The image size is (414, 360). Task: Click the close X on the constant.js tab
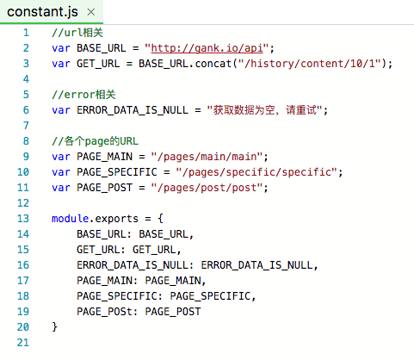coord(91,12)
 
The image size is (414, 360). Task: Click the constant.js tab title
coord(42,12)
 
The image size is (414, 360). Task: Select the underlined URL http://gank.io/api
coord(207,48)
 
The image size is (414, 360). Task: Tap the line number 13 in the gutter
coord(23,219)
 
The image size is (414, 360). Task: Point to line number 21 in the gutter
coord(23,343)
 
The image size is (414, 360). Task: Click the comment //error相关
coord(83,95)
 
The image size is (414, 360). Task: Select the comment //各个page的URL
coord(95,141)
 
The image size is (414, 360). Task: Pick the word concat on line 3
coord(213,64)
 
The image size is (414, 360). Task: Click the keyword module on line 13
coord(70,219)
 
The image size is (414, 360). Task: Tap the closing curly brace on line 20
coord(54,327)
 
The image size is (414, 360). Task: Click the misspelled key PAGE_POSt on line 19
coord(104,312)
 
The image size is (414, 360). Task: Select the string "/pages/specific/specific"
coord(256,172)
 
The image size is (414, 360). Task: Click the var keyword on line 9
coord(61,157)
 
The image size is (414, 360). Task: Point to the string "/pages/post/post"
coord(207,188)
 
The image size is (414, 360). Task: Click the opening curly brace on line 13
coord(160,219)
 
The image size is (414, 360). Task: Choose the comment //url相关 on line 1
coord(77,33)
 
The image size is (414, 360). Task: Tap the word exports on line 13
coord(116,219)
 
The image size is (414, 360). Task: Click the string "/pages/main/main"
coord(207,157)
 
